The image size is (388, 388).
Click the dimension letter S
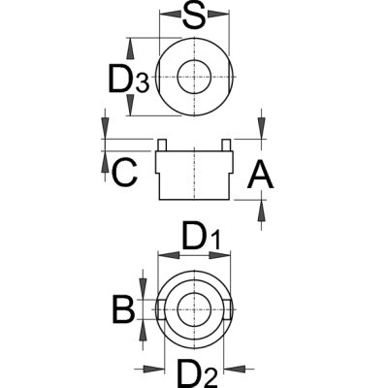pos(194,15)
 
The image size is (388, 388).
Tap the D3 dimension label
pos(129,79)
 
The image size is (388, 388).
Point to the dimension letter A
pos(260,176)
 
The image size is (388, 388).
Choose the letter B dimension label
pos(123,309)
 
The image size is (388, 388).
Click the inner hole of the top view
pos(194,77)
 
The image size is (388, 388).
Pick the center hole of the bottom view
pos(194,309)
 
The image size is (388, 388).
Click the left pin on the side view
pos(162,145)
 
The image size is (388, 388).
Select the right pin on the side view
pos(227,145)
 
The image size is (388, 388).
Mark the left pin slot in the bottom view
pos(161,309)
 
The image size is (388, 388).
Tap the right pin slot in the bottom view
pos(228,309)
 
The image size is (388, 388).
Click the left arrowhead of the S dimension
pos(170,14)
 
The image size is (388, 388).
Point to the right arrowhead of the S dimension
pos(218,14)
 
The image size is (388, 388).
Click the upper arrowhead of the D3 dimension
pos(130,48)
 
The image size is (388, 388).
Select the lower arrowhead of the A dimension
pos(261,210)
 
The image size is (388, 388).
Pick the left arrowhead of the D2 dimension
pos(153,369)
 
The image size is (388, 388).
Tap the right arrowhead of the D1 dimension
pos(220,255)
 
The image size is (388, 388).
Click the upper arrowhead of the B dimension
pos(143,289)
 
